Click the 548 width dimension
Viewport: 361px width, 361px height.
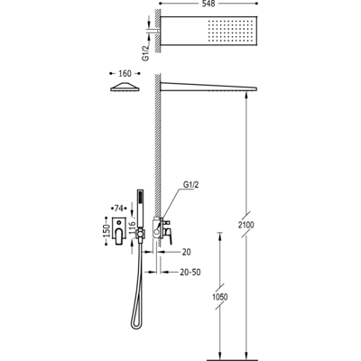pos(208,4)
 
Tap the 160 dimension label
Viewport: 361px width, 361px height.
pos(125,73)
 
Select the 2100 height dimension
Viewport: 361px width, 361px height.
pos(246,225)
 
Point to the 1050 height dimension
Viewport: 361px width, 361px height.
pos(220,297)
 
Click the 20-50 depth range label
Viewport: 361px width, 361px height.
pos(190,273)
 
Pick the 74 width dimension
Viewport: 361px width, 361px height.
pos(119,208)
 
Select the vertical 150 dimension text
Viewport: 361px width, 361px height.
pos(106,231)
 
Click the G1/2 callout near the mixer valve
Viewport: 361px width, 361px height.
pos(190,185)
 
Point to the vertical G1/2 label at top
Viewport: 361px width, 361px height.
pos(146,53)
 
